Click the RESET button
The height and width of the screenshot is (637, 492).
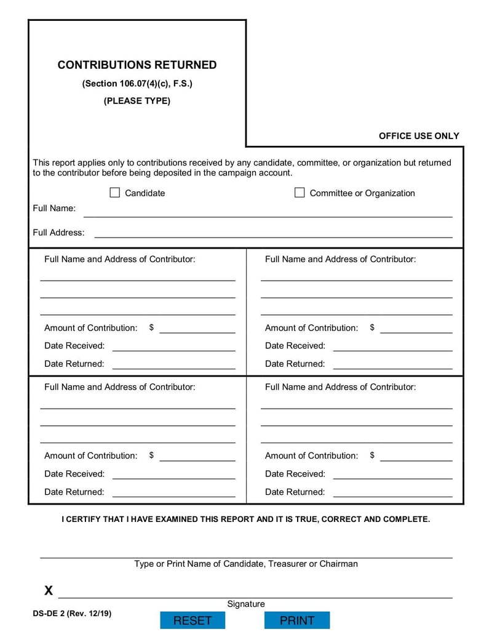pos(192,620)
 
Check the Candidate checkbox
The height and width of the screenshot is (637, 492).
pos(114,193)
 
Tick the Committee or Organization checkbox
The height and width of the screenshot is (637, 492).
pos(300,193)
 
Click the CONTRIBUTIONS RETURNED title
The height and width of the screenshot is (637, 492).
pos(137,65)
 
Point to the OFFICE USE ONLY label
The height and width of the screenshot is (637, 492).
pos(419,136)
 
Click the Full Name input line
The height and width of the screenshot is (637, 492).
pos(268,212)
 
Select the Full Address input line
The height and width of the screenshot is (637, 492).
pos(273,233)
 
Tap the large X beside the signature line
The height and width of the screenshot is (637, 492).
pos(49,591)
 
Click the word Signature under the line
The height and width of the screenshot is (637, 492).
pos(246,604)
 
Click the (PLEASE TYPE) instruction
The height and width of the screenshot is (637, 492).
pos(137,101)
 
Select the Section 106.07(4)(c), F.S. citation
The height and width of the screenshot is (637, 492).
pos(137,84)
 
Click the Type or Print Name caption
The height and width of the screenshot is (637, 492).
pos(246,564)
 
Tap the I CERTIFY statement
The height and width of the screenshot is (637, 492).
pos(246,519)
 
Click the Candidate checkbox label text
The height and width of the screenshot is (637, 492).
pos(145,193)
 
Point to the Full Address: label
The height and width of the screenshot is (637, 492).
pos(58,233)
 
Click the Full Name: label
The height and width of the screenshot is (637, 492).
pos(54,208)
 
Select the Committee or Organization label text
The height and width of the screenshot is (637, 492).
pos(362,193)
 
